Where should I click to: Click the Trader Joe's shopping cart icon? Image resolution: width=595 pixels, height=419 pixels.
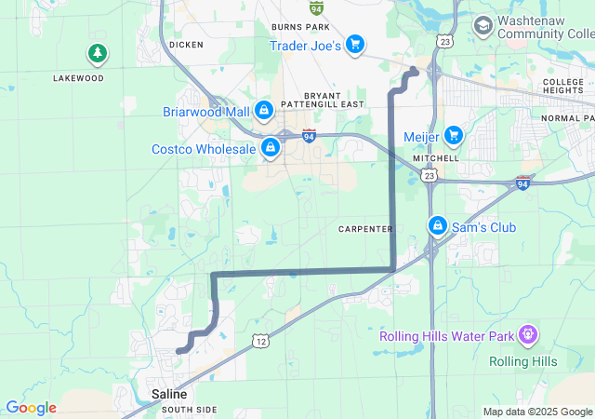tap(354, 44)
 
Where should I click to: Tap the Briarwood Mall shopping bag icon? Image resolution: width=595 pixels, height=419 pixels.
tap(264, 111)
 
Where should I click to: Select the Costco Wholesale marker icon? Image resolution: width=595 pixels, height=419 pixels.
tap(271, 147)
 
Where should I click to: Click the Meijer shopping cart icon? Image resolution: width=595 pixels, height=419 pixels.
tap(454, 136)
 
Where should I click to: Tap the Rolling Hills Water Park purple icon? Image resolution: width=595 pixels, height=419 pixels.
tap(528, 332)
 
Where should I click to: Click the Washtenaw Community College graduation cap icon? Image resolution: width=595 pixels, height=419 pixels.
tap(483, 25)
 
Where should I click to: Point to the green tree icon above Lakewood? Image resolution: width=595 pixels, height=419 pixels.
tap(97, 54)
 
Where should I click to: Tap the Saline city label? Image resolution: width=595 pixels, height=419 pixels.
tap(169, 395)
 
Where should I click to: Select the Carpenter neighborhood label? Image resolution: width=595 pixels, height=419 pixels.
tap(365, 229)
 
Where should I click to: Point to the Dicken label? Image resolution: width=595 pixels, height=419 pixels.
tap(186, 44)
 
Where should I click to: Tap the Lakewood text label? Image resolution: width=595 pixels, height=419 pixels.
tap(78, 78)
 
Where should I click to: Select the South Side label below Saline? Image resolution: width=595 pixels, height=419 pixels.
tap(189, 410)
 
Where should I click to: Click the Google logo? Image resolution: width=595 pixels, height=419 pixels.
tap(31, 408)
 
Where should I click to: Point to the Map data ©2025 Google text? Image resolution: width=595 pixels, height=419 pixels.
tap(537, 412)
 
